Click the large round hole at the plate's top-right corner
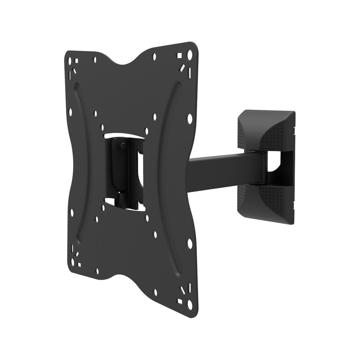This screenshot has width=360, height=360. [x=190, y=54]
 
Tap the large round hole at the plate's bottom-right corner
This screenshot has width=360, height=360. [x=190, y=304]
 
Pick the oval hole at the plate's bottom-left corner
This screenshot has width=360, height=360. [x=73, y=262]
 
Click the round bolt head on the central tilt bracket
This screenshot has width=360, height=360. [x=122, y=145]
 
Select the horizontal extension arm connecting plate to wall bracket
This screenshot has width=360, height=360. [x=225, y=172]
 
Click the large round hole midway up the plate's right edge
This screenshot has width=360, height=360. [x=190, y=118]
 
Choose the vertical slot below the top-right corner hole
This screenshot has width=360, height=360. [x=189, y=72]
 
